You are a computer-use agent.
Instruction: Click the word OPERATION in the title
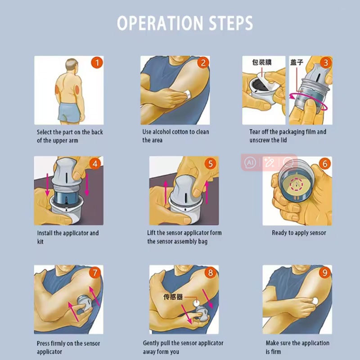pos(160,23)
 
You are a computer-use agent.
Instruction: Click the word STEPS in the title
pos(231,23)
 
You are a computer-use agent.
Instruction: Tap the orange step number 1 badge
pos(97,63)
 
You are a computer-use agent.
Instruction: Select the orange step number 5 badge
pos(211,164)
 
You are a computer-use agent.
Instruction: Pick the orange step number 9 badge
pos(324,273)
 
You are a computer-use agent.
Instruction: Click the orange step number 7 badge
pos(95,273)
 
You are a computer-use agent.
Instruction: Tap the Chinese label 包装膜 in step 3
pos(262,62)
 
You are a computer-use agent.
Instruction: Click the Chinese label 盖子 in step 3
pos(297,62)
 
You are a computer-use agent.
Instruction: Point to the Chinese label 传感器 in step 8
pos(173,297)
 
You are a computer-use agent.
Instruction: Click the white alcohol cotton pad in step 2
pos(188,94)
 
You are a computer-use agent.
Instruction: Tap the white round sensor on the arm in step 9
pos(315,301)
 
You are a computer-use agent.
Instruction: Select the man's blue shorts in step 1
pos(70,112)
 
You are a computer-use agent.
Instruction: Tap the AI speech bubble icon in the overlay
pos(250,162)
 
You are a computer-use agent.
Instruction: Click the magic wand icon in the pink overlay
pos(269,162)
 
